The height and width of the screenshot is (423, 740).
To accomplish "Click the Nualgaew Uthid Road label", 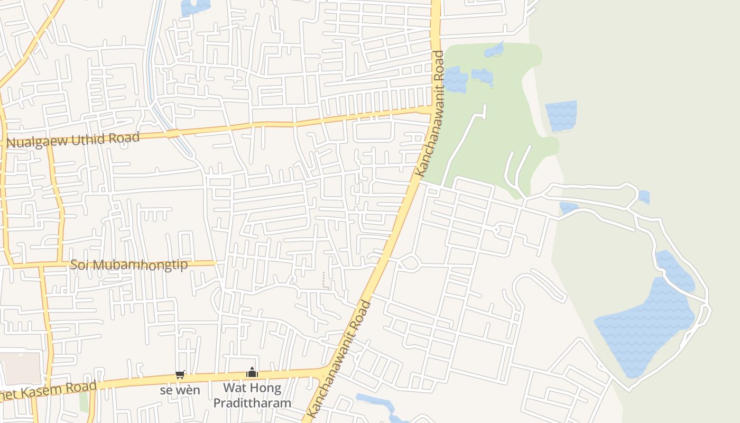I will pos(73,140).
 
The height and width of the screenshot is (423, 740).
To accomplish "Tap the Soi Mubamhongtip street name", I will pos(128,264).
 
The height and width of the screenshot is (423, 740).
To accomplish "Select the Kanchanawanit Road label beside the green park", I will pos(430,114).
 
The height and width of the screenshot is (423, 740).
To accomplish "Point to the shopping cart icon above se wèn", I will pos(180,374).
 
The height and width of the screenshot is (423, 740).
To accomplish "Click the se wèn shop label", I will pos(180,390).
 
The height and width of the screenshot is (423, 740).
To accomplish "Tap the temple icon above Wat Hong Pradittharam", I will pos(252,373).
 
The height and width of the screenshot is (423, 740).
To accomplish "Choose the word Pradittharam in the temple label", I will pos(252,402).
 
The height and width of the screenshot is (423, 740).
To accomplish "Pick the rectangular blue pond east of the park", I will pos(561,115).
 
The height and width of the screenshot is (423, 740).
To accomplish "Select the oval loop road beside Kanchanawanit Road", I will pos(410,262).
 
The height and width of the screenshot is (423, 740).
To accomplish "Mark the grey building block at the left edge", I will pos(20,368).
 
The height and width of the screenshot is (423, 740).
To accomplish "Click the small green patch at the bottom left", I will pos(84,402).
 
